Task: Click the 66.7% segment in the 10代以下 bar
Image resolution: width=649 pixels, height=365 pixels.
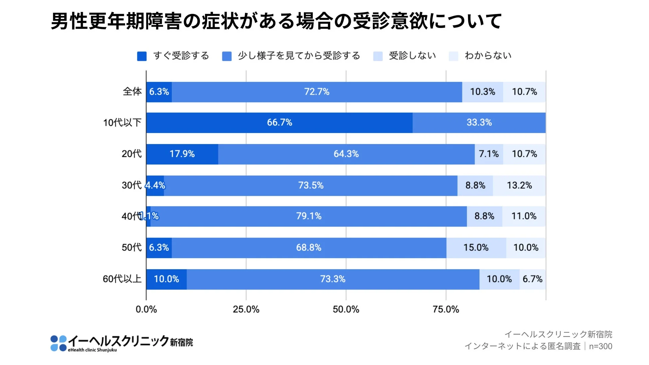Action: tap(279, 123)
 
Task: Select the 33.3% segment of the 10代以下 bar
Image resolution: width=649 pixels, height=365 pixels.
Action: tap(479, 123)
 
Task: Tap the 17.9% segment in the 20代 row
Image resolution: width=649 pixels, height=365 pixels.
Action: tap(182, 154)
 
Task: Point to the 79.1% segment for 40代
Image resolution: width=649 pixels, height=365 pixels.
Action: tap(309, 216)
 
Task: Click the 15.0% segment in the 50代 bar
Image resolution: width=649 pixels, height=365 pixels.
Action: tap(476, 248)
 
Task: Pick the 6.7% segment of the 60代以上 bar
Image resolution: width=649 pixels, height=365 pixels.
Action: tap(533, 279)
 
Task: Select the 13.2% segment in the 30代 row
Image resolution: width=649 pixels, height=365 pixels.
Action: tap(519, 186)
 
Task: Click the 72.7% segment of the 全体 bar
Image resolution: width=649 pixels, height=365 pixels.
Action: tap(317, 92)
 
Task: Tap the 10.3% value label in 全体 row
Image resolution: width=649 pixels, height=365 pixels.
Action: tap(482, 92)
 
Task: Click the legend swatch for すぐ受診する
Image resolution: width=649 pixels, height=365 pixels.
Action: tap(142, 56)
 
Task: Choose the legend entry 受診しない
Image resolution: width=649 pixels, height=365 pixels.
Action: tap(412, 56)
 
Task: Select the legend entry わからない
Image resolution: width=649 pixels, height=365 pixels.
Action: tap(488, 56)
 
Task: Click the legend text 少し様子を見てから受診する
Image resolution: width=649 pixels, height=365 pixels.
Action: tap(299, 56)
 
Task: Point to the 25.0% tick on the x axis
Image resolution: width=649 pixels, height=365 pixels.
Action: tap(246, 309)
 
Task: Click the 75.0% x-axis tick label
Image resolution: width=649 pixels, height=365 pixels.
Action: tap(446, 309)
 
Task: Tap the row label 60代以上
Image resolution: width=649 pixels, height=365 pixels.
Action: tap(122, 279)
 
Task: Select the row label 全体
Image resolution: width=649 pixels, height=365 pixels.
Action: tap(132, 91)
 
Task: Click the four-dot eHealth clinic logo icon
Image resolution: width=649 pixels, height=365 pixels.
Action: tap(59, 343)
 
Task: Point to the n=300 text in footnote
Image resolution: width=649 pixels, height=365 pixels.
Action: tap(600, 346)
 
